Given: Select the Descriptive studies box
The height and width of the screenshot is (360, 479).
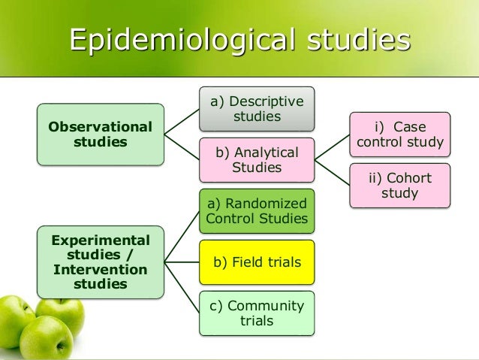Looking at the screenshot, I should [257, 110].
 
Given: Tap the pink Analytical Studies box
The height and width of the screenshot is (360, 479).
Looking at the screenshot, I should [257, 159].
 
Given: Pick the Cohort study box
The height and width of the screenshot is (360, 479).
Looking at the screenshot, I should [401, 185].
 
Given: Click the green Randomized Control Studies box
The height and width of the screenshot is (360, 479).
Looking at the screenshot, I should [257, 211].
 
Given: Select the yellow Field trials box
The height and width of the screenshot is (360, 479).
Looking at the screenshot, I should [257, 262].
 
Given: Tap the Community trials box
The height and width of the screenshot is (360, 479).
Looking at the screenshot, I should [257, 313].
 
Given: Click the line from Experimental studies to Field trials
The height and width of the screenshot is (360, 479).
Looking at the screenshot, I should [182, 262].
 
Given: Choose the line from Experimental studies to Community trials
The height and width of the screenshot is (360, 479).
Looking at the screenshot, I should [182, 287].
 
